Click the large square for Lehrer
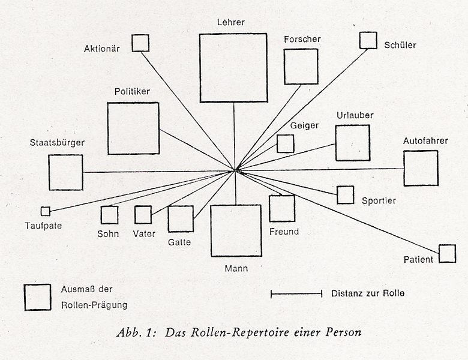point(233,67)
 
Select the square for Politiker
point(133,128)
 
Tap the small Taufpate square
point(45,211)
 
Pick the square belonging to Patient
point(447,254)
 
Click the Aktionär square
point(140,43)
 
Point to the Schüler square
point(368,40)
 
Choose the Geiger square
point(285,143)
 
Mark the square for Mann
point(236,230)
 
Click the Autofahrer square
point(421,168)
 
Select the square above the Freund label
point(281,208)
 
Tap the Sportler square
point(345,195)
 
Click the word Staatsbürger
point(57,143)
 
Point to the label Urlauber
point(355,115)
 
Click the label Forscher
point(302,39)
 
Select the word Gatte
point(179,242)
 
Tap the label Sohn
point(109,234)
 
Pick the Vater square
point(143,215)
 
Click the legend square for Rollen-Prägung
point(37,297)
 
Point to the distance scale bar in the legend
point(297,294)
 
